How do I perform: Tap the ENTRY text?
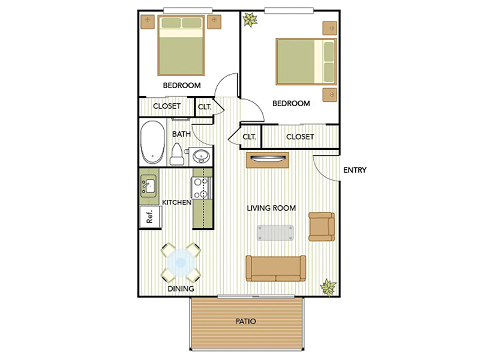click(x=355, y=170)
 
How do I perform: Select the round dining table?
click(x=181, y=262)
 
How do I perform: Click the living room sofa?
click(x=275, y=268)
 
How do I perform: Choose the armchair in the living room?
click(x=322, y=226)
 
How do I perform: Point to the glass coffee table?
click(x=275, y=232)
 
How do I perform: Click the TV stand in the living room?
click(x=268, y=160)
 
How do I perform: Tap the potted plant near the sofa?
click(x=328, y=287)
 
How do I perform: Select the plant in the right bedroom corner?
click(x=250, y=21)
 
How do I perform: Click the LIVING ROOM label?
click(x=272, y=208)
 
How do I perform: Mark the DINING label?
click(x=181, y=289)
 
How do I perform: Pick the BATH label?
click(x=181, y=134)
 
